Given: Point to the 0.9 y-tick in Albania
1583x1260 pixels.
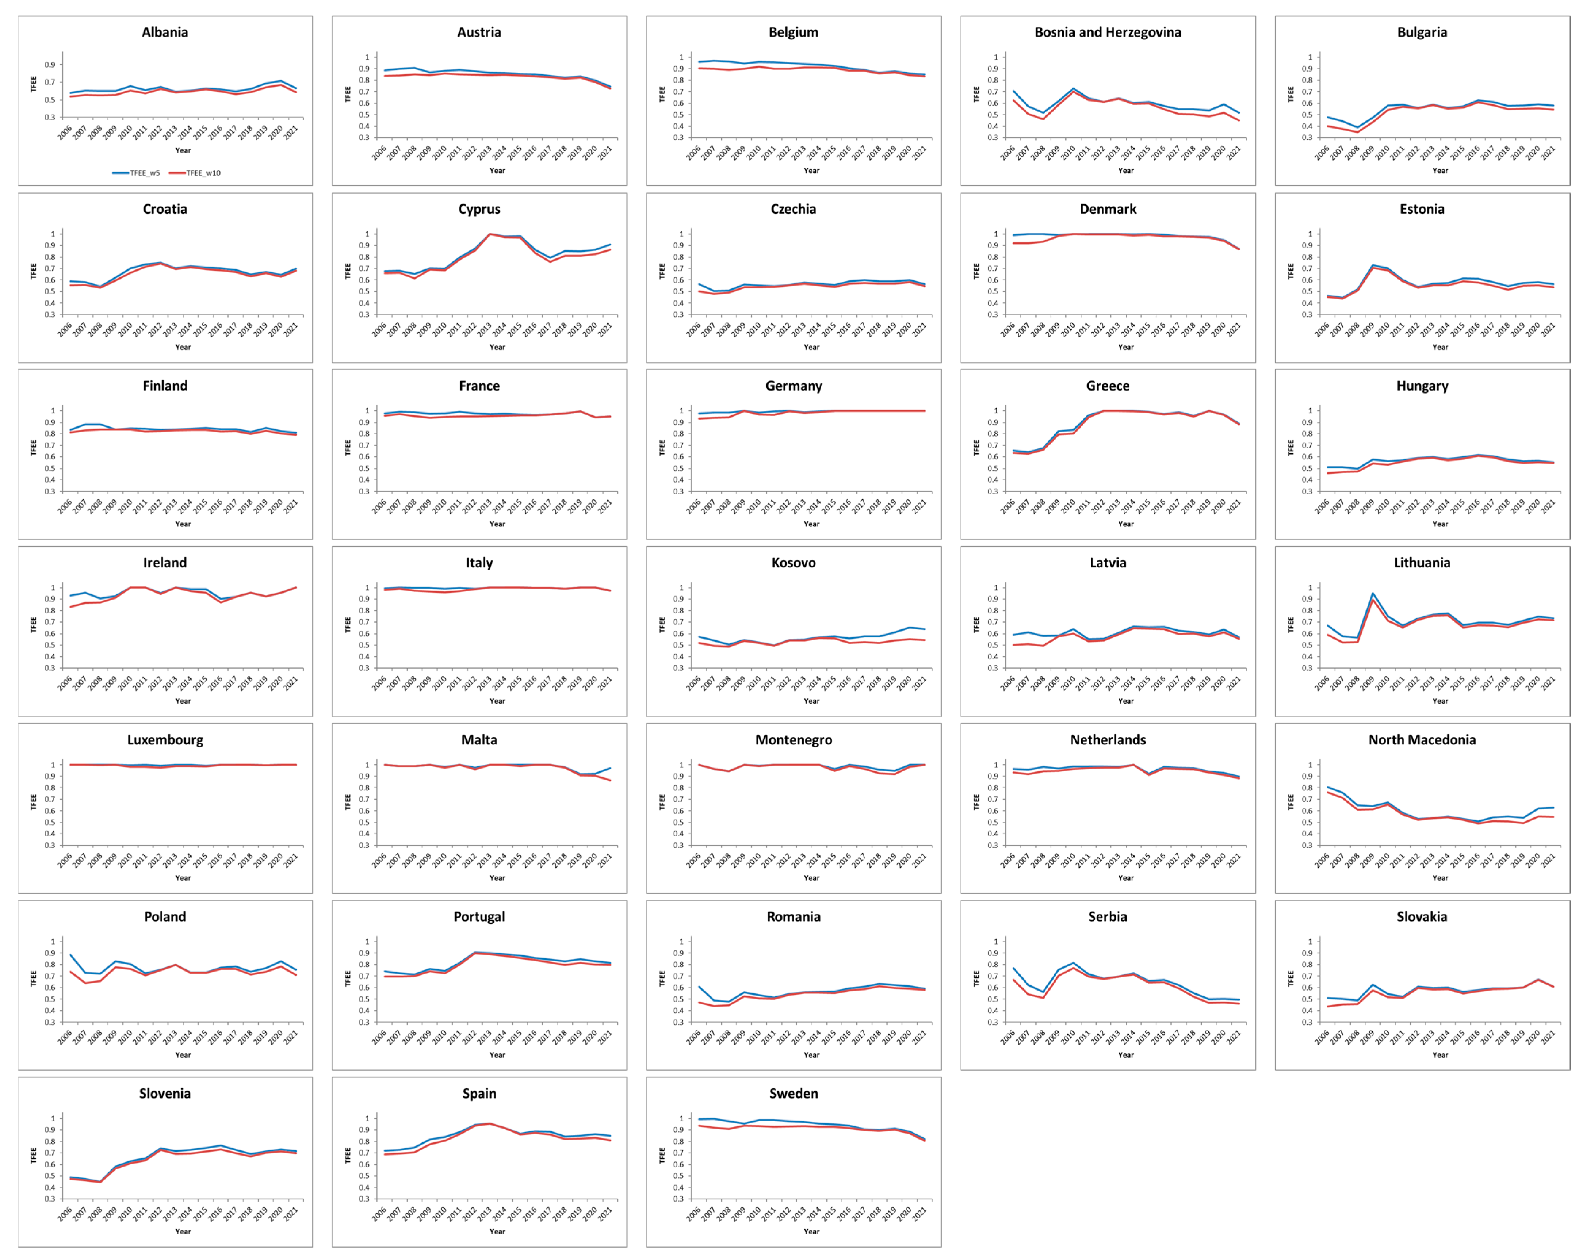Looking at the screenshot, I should (50, 65).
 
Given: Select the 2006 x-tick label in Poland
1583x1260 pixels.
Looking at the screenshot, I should (65, 1038).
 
